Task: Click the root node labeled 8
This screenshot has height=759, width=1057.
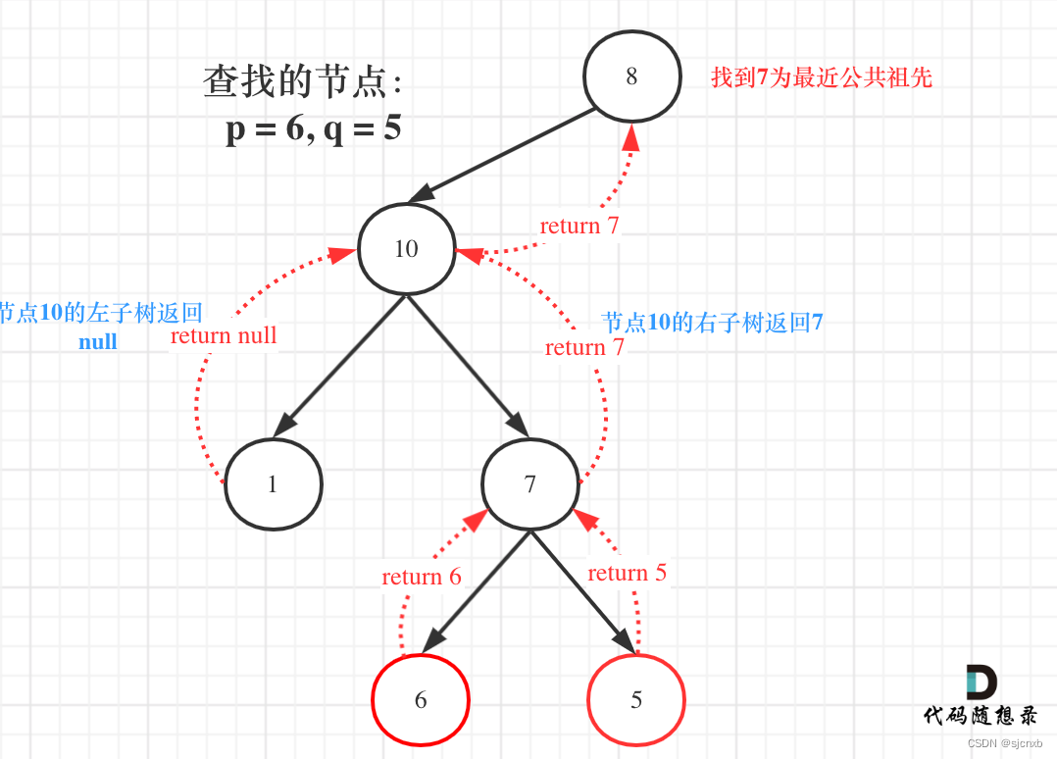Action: [631, 76]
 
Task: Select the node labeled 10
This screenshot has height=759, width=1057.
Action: [406, 248]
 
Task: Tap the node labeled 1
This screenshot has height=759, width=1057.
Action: [273, 483]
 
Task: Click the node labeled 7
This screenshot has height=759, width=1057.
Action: [529, 483]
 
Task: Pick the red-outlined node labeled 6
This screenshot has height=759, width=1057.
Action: [421, 699]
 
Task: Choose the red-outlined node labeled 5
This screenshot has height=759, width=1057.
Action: [635, 700]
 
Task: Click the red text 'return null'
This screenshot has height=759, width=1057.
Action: [224, 336]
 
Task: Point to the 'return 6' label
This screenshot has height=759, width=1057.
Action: [422, 577]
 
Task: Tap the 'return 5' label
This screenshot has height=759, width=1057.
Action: [627, 573]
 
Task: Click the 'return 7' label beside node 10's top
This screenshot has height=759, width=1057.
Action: [579, 226]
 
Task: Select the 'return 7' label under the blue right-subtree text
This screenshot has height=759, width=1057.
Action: [584, 347]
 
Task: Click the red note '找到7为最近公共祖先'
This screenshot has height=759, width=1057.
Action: [821, 77]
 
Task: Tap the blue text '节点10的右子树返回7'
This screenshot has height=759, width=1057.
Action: [712, 322]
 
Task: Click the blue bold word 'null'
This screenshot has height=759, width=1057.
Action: [98, 341]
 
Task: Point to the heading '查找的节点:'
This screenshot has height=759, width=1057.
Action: [303, 82]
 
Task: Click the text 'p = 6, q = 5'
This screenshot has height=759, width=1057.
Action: [314, 128]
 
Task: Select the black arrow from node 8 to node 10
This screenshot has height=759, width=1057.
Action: [502, 156]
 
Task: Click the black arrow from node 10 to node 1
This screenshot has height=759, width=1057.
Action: [339, 365]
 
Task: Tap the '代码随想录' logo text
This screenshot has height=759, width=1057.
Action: [980, 715]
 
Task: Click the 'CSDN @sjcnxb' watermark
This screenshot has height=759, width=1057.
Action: [1004, 743]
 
